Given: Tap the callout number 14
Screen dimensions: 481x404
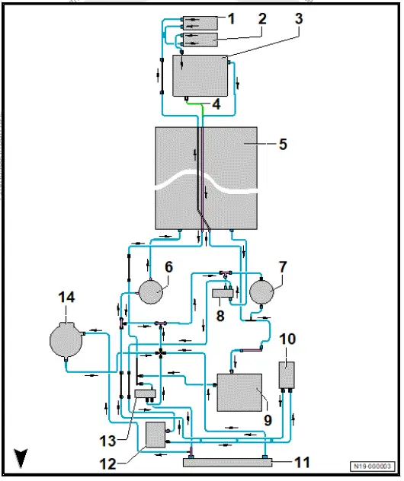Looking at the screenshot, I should click(68, 298).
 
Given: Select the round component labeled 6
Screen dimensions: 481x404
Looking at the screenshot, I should click(152, 291).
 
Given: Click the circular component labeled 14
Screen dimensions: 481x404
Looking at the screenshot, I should click(65, 339).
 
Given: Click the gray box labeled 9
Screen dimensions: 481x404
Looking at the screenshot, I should click(240, 393).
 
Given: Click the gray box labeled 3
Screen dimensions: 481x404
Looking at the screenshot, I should click(201, 75).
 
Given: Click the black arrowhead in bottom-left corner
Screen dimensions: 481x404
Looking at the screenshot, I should click(21, 457).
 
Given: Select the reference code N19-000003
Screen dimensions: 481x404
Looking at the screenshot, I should click(374, 466).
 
